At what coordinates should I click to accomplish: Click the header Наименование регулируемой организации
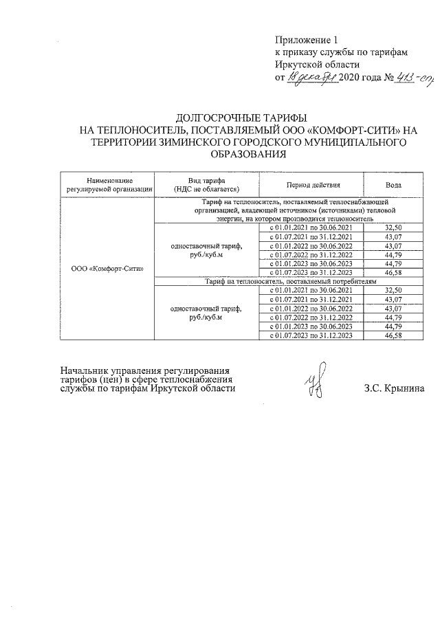[x=109, y=182]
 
